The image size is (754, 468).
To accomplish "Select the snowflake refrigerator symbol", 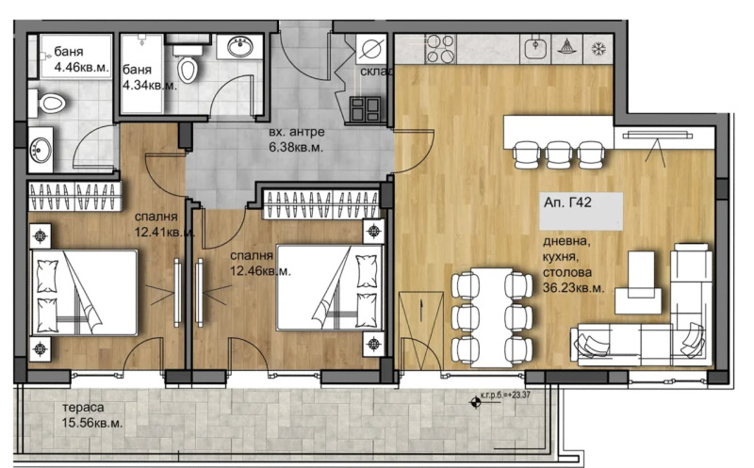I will [x=597, y=48].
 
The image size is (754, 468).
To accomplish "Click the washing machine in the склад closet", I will [x=369, y=49].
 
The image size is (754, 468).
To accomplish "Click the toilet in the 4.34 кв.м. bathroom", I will [x=189, y=65].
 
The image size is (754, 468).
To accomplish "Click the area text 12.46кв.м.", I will [x=260, y=270].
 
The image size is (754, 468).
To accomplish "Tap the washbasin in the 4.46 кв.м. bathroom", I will [x=41, y=149].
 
